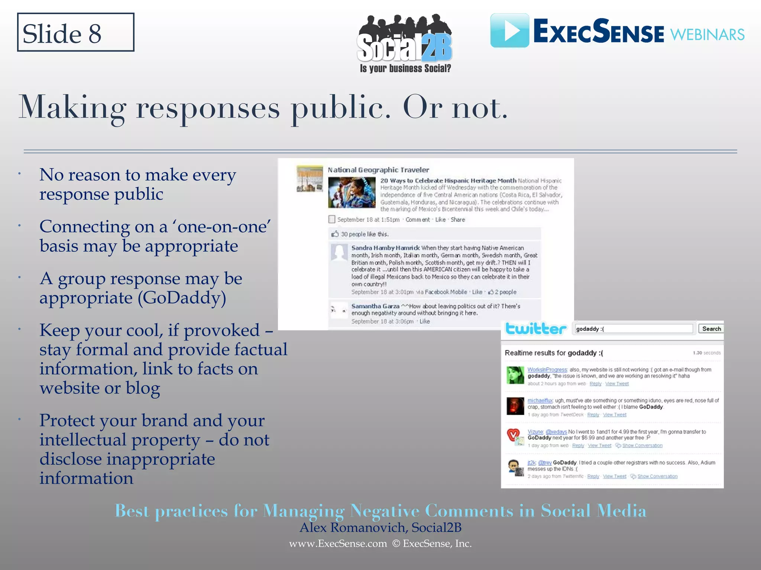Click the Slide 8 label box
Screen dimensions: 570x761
pyautogui.click(x=75, y=32)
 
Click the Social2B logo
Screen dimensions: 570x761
pyautogui.click(x=405, y=43)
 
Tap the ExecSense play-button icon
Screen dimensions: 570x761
pyautogui.click(x=509, y=30)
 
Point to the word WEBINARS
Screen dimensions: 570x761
pyautogui.click(x=707, y=35)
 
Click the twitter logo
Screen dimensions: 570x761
pyautogui.click(x=535, y=329)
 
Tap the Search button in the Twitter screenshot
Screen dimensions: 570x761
pyautogui.click(x=711, y=329)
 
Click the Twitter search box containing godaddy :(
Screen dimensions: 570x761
pyautogui.click(x=634, y=329)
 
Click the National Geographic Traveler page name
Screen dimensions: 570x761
pyautogui.click(x=378, y=170)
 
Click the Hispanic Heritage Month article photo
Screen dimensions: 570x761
pyautogui.click(x=352, y=192)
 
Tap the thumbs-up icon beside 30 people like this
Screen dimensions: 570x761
pyautogui.click(x=335, y=234)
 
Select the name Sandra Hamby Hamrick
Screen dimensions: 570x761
pyautogui.click(x=385, y=248)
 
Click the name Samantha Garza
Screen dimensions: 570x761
pyautogui.click(x=375, y=306)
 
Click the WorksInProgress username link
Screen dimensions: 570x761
pyautogui.click(x=547, y=370)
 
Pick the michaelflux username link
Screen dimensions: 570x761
pyautogui.click(x=540, y=401)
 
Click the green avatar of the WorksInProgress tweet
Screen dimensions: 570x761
pyautogui.click(x=515, y=375)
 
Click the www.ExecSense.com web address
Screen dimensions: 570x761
pyautogui.click(x=338, y=544)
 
